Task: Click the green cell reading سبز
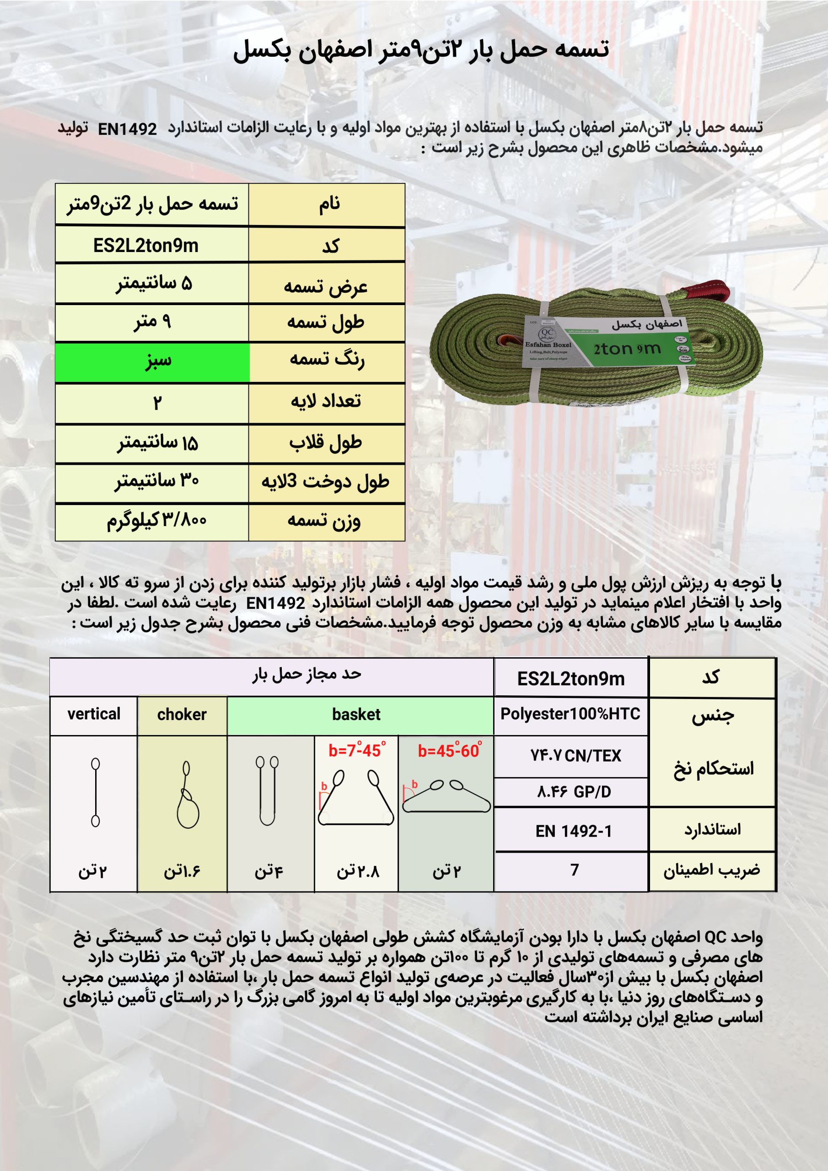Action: tap(152, 362)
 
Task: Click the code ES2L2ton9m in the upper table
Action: tap(145, 246)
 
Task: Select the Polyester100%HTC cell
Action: tap(570, 714)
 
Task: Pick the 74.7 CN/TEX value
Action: tap(575, 755)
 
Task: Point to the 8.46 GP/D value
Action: tap(574, 791)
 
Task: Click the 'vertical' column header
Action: tap(94, 714)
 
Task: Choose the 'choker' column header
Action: tap(182, 714)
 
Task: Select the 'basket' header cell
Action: tap(356, 714)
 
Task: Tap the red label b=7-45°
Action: tap(357, 750)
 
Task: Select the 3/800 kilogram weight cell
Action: tap(156, 521)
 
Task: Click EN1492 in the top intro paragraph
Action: tap(127, 129)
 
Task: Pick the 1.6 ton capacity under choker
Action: tap(182, 871)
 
